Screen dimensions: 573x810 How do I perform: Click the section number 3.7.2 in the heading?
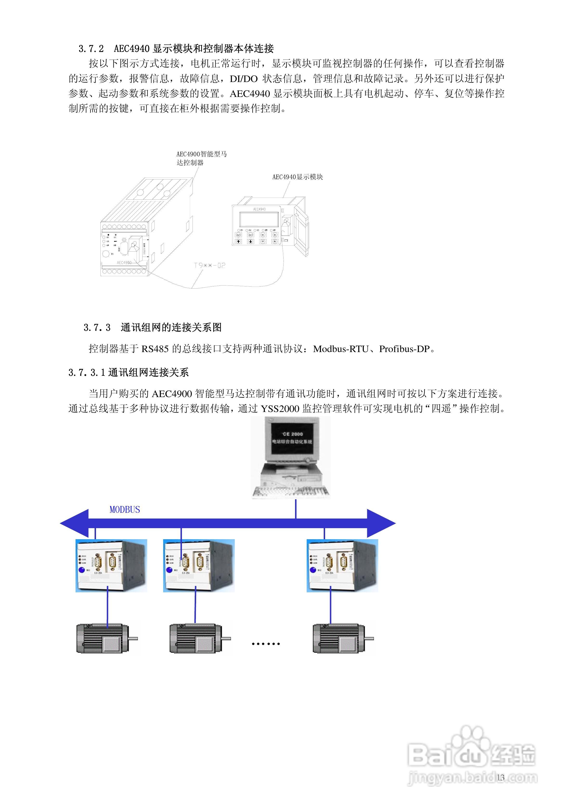(x=91, y=49)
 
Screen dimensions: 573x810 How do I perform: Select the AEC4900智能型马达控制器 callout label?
(x=201, y=158)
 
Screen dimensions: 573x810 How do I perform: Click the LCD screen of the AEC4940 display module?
(x=259, y=219)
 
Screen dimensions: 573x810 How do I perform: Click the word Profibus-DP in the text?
(x=404, y=349)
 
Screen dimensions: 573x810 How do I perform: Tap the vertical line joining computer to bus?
(x=296, y=509)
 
